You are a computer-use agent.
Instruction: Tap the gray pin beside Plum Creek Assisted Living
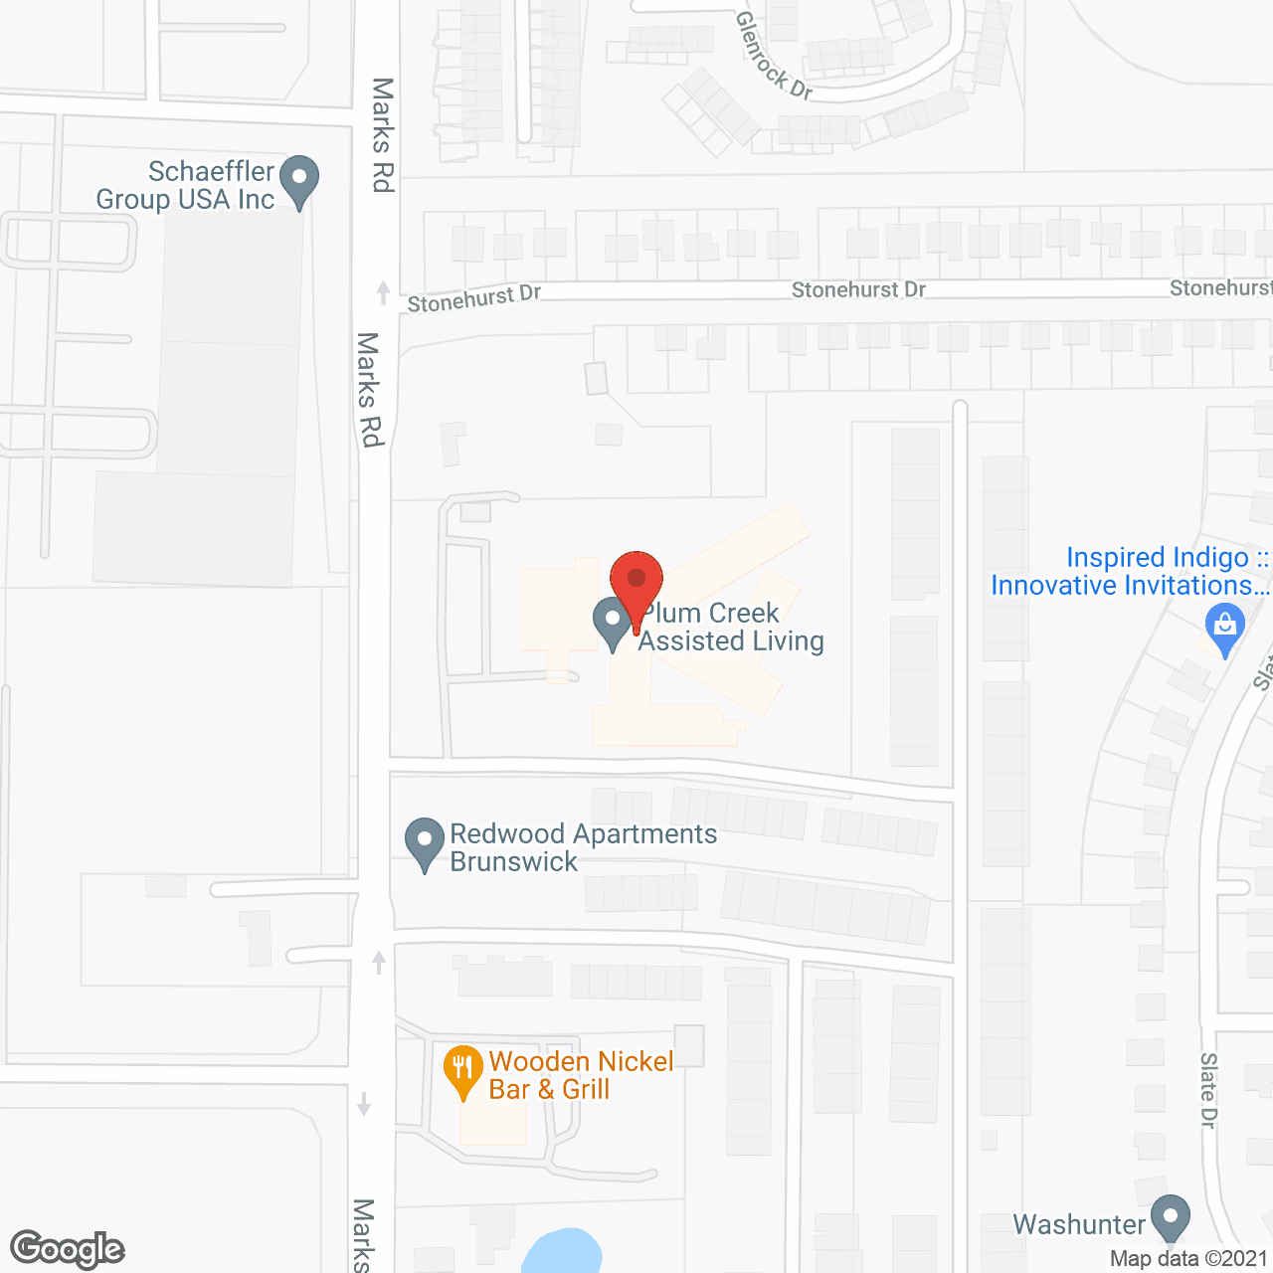coord(612,621)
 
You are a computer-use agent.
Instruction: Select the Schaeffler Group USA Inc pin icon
coord(299,180)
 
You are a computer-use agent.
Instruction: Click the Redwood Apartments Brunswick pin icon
coord(425,841)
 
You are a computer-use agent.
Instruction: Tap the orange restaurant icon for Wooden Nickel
coord(462,1070)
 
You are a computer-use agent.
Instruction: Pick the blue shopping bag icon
coord(1225,628)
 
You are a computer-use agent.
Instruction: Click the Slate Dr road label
coord(1208,1090)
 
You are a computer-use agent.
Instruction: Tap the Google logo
coord(68,1249)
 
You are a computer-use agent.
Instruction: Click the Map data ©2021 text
coord(1188,1258)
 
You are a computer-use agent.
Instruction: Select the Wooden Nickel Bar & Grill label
coord(581,1075)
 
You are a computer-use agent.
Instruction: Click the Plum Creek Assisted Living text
coord(731,627)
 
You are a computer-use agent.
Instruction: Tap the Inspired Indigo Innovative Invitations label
coord(1129,571)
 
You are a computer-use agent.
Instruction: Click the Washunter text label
coord(1079,1224)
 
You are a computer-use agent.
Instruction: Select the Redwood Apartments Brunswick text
coord(583,847)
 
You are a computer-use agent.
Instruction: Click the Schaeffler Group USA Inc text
coord(185,185)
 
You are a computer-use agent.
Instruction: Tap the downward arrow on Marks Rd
coord(364,1104)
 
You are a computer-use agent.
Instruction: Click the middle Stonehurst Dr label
coord(858,289)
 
